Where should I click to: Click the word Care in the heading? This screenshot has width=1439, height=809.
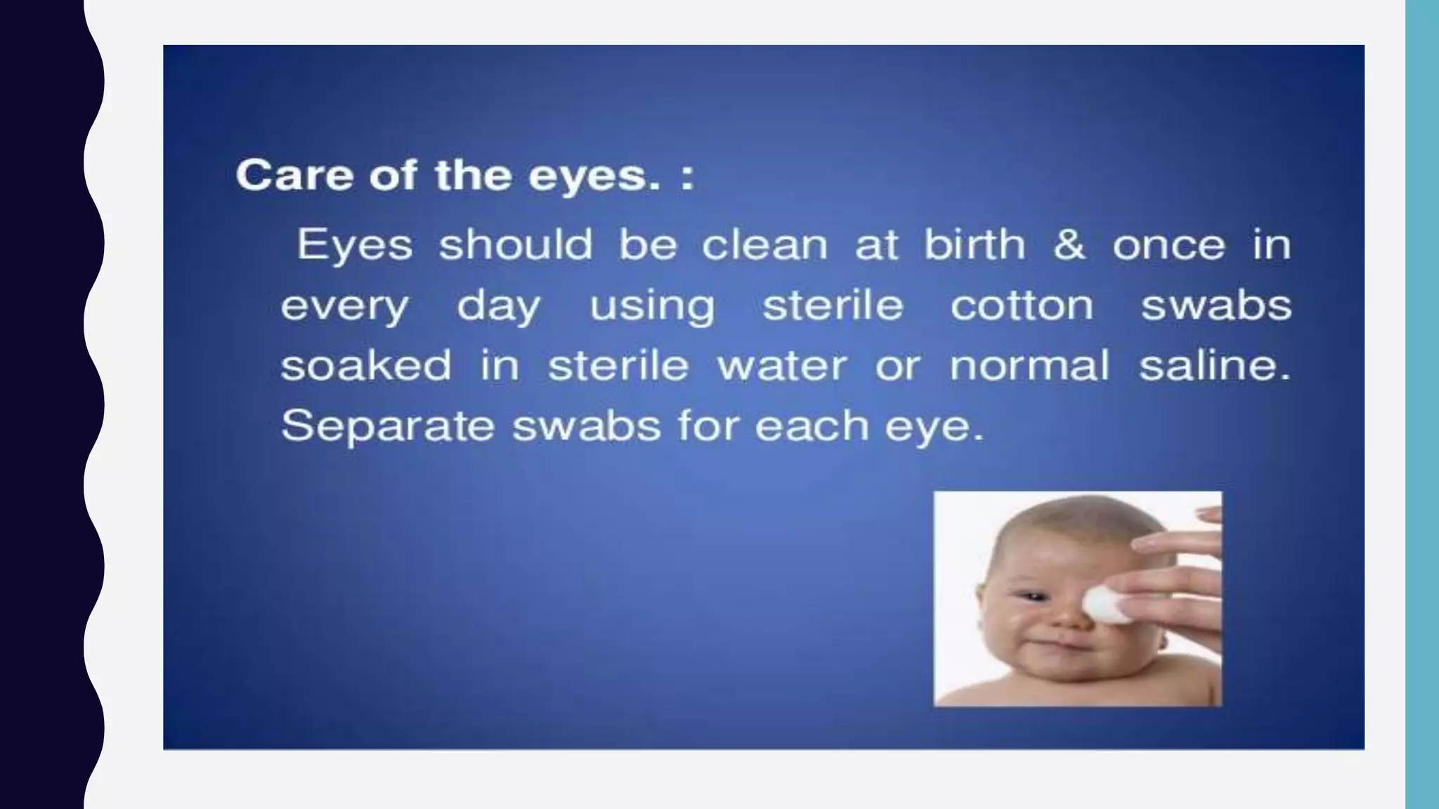pyautogui.click(x=294, y=175)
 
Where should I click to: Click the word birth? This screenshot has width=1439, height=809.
pyautogui.click(x=974, y=244)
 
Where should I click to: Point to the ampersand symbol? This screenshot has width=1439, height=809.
pyautogui.click(x=1068, y=244)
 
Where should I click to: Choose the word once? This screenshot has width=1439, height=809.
pyautogui.click(x=1168, y=245)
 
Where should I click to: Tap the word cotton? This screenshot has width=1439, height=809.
pyautogui.click(x=1022, y=305)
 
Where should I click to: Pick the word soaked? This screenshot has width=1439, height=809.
pyautogui.click(x=365, y=365)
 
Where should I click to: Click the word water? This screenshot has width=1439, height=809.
pyautogui.click(x=781, y=366)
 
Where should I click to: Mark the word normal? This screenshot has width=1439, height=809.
pyautogui.click(x=1029, y=365)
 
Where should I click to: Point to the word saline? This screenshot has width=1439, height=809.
pyautogui.click(x=1214, y=365)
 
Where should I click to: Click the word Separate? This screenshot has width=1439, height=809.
pyautogui.click(x=387, y=426)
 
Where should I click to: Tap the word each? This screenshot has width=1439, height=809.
pyautogui.click(x=812, y=426)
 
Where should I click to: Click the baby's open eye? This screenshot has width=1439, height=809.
pyautogui.click(x=1030, y=598)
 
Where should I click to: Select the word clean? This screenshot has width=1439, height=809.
pyautogui.click(x=764, y=244)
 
